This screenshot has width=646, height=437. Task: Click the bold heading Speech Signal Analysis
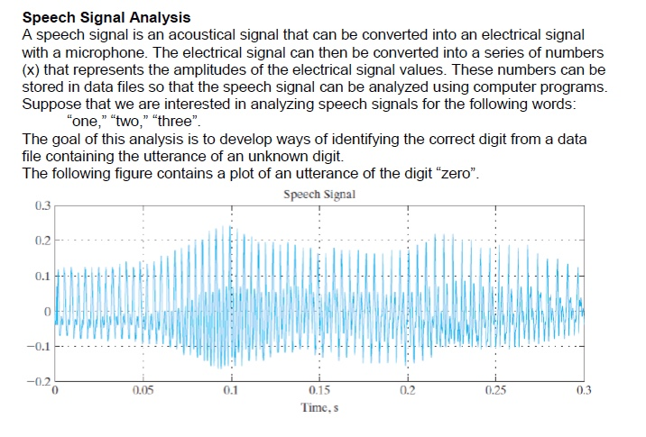106,17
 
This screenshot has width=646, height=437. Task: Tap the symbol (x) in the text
31,70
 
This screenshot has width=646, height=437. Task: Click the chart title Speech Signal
318,194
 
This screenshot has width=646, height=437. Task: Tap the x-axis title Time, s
318,407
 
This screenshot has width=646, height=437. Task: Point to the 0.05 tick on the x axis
142,390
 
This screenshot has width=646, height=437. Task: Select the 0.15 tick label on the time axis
318,390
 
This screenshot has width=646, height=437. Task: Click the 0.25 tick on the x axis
495,390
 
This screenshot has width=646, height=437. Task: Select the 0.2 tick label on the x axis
407,390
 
